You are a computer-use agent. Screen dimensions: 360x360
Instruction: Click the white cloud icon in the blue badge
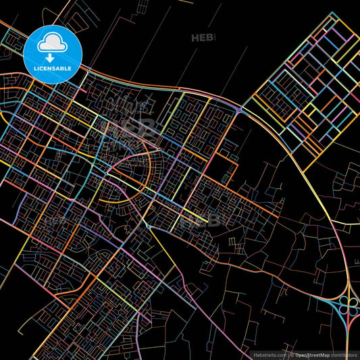52,43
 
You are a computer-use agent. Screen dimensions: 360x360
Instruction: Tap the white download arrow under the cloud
52,51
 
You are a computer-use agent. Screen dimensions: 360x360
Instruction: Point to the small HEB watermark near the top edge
203,38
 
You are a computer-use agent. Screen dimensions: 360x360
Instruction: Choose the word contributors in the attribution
344,354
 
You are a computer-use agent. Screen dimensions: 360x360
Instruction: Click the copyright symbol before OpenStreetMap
292,354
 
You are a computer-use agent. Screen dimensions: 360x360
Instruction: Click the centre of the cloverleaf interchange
344,307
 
